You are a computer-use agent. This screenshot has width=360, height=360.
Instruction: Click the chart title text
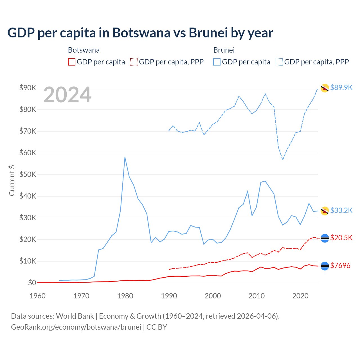140,33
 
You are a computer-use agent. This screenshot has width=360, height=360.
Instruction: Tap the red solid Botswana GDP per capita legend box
72,62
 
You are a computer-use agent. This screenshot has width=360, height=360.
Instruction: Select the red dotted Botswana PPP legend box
134,62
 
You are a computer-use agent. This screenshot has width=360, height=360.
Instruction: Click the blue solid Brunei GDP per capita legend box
217,62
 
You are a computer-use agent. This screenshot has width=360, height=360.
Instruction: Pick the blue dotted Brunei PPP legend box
279,62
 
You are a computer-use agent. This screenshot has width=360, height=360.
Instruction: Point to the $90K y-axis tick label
28,88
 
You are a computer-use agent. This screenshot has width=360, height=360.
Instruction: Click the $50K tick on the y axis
28,174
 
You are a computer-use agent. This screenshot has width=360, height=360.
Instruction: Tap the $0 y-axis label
32,283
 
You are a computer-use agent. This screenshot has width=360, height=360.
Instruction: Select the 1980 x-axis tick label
125,296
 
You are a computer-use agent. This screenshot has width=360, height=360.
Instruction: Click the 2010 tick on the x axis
256,296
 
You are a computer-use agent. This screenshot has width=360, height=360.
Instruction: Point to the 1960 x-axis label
37,296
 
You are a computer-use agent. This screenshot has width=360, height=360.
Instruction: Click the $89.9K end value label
341,87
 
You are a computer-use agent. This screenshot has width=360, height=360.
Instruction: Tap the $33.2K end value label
341,210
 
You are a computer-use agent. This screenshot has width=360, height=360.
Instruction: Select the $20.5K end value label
341,238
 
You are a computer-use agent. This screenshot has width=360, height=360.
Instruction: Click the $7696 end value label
340,265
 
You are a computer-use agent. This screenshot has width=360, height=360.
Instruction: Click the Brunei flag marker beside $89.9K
325,88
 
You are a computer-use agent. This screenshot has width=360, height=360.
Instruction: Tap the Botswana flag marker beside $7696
325,266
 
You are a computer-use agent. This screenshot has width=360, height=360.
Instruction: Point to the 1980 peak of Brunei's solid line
125,157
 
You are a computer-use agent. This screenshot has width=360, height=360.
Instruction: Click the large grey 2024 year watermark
67,95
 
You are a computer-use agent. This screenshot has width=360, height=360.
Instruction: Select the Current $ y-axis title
12,180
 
